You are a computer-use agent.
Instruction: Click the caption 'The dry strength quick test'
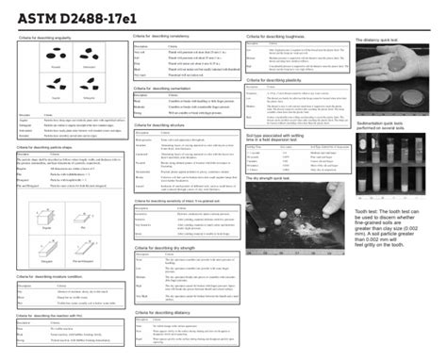(274, 176)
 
